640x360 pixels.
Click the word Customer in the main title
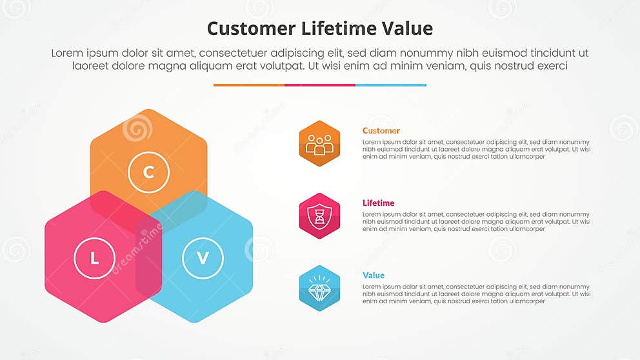click(x=251, y=29)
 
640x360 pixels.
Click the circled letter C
click(x=148, y=172)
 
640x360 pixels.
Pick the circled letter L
click(x=94, y=259)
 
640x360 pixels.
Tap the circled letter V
click(x=203, y=259)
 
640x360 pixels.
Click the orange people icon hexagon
click(x=319, y=143)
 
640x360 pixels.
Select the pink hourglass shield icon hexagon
click(x=319, y=215)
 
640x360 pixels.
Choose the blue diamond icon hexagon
click(x=319, y=288)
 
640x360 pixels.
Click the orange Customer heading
click(x=381, y=130)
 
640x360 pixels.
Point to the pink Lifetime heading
click(x=378, y=203)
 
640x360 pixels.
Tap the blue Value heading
click(x=374, y=275)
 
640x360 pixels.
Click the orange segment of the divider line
click(x=248, y=85)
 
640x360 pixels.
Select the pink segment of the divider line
click(x=319, y=85)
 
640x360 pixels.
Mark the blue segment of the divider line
click(x=390, y=85)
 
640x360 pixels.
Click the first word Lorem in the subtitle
click(x=67, y=53)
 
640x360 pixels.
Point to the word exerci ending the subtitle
click(x=550, y=66)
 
